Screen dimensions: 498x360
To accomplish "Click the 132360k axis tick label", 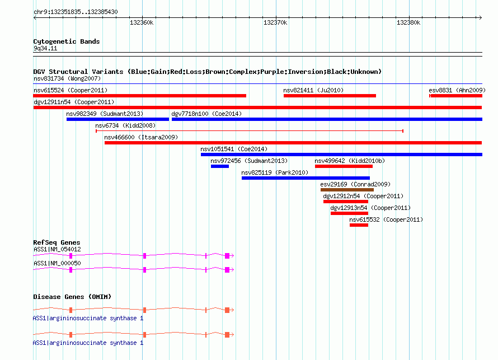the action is point(142,22).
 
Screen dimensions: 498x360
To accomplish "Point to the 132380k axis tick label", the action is point(408,22).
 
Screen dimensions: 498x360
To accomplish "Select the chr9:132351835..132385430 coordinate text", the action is point(76,12).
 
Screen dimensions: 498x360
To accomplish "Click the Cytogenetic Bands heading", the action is point(67,41).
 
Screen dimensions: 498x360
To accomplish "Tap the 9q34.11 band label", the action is point(45,48).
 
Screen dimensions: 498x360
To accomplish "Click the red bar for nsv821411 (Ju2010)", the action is point(330,96).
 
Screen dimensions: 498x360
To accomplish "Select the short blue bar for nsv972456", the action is point(220,166).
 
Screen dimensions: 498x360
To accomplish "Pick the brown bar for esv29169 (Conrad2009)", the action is point(347,190).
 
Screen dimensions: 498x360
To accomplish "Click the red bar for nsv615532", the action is point(359,225).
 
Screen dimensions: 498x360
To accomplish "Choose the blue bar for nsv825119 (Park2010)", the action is point(306,178).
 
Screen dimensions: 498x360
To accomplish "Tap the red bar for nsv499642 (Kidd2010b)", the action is point(344,166).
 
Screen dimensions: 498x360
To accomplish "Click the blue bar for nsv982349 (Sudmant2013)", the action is point(118,119).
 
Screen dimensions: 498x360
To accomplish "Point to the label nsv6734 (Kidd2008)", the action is point(125,125).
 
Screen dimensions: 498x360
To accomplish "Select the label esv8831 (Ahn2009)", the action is point(457,90).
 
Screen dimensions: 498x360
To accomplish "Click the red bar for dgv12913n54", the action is point(349,213).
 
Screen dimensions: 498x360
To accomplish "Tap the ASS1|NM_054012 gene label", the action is point(57,250).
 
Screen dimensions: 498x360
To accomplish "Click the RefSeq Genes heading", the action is point(57,242).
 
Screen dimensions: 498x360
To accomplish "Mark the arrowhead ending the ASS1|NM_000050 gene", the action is point(232,270).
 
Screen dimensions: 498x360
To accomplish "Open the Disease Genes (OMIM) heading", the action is point(72,297).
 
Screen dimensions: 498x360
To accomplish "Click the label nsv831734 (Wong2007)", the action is point(67,78).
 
